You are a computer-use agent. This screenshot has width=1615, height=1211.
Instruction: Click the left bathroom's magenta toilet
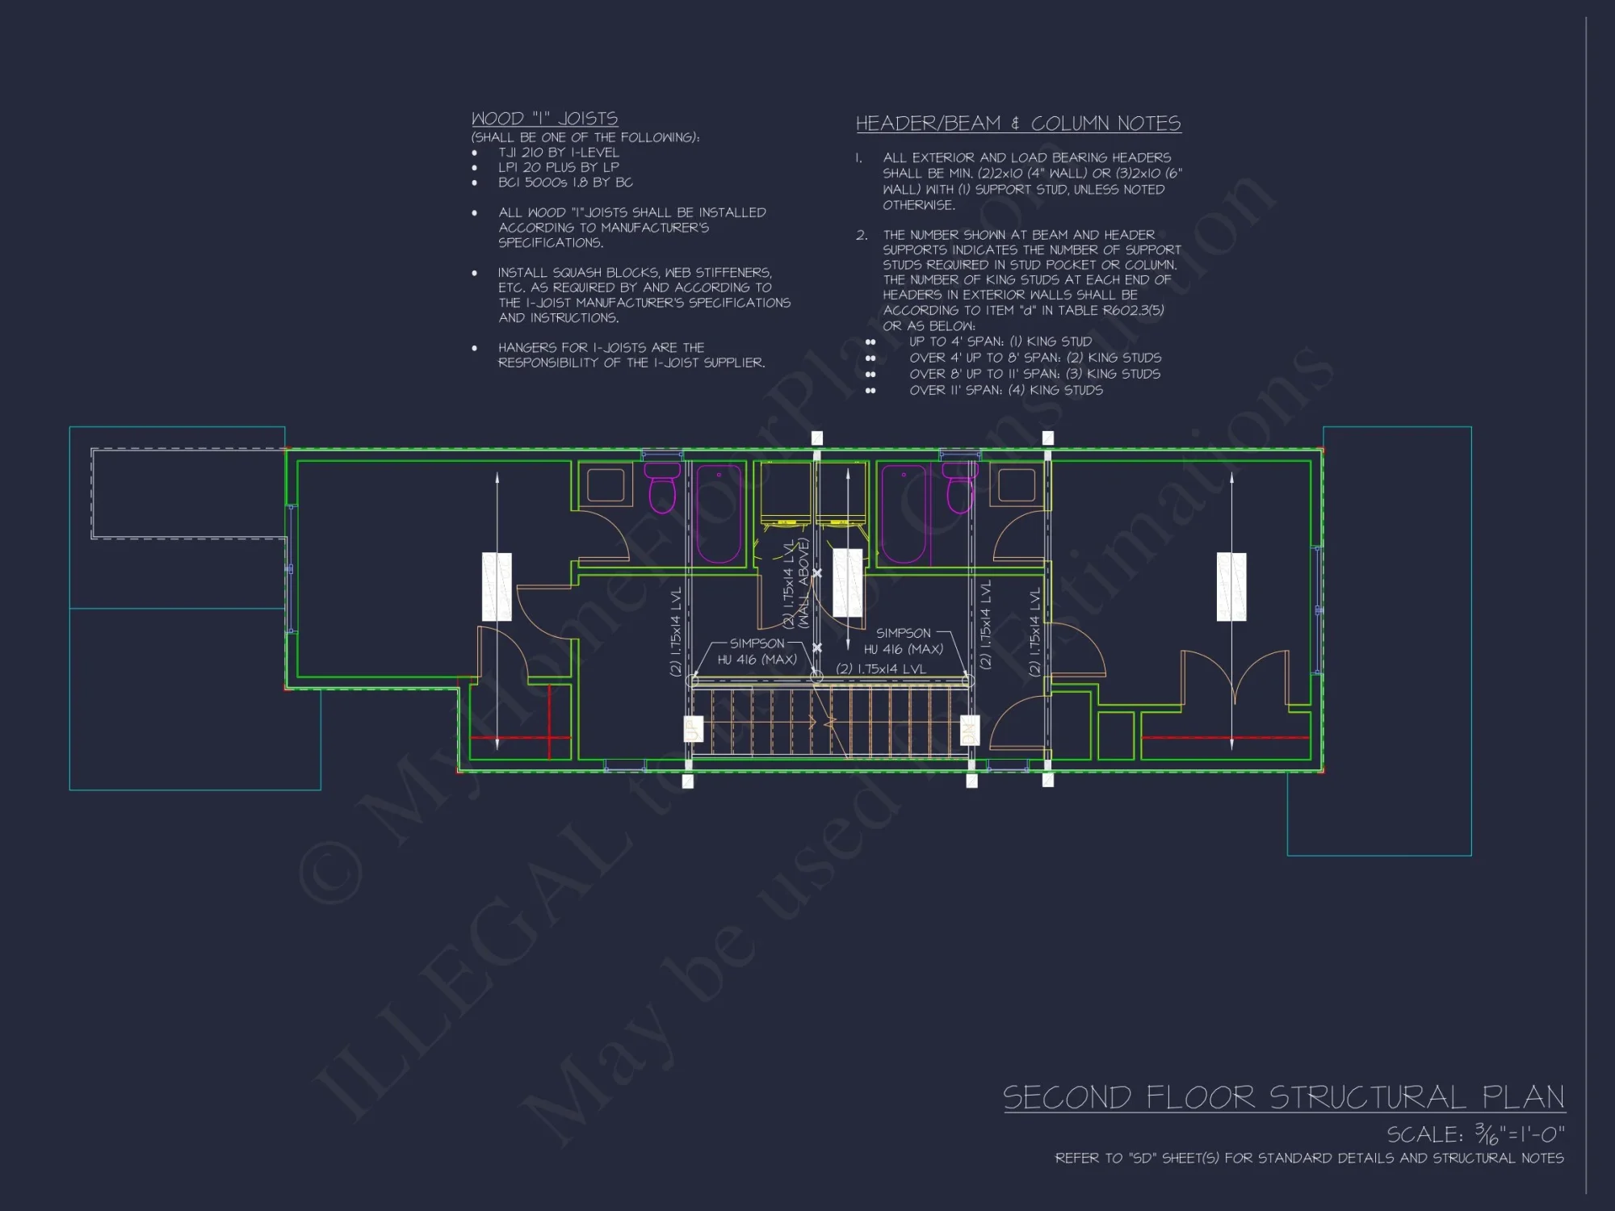[662, 488]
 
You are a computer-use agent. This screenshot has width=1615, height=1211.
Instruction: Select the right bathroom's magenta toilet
[961, 488]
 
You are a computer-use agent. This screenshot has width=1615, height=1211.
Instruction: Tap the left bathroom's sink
[605, 485]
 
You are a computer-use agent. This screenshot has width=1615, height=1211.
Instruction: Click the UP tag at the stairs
[693, 730]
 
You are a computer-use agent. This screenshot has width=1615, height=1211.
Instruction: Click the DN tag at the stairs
[969, 731]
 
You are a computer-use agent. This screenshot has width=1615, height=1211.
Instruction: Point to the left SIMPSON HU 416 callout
[757, 652]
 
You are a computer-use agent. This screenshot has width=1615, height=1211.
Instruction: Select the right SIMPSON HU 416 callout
[904, 641]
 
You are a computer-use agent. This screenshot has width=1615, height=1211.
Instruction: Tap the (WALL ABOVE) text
[803, 583]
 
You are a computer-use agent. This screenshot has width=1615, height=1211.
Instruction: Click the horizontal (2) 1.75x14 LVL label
[881, 668]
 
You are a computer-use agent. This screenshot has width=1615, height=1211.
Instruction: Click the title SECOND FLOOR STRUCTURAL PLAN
[1283, 1098]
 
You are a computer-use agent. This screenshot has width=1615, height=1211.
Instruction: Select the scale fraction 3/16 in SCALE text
[1486, 1134]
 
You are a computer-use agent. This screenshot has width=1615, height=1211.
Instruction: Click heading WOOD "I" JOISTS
[544, 119]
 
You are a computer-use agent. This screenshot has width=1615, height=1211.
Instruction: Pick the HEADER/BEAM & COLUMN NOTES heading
[1017, 124]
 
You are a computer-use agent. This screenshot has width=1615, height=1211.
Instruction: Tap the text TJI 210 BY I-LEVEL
[558, 152]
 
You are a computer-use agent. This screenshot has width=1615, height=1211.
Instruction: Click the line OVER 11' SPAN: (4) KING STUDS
[1005, 390]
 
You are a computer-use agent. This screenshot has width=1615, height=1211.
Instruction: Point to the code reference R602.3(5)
[1134, 310]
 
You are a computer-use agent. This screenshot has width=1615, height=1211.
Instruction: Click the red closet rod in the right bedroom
[1225, 737]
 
